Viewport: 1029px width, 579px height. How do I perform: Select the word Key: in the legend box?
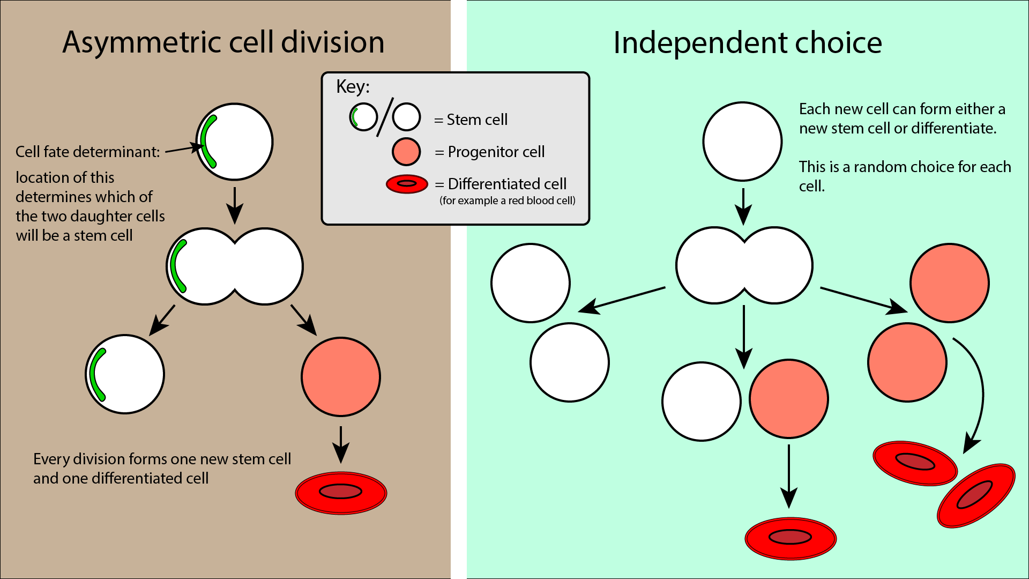[353, 87]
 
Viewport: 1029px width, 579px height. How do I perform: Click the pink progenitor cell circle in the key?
[406, 152]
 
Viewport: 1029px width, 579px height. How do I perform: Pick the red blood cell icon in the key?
[407, 184]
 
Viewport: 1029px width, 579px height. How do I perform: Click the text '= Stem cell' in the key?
[471, 120]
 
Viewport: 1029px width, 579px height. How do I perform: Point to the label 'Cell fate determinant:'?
[87, 152]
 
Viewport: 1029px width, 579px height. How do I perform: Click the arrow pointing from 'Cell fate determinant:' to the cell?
[182, 149]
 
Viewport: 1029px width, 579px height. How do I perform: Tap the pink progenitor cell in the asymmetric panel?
[341, 377]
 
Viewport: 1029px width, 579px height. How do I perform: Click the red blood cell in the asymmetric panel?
[341, 493]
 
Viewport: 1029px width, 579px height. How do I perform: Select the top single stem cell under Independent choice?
[742, 142]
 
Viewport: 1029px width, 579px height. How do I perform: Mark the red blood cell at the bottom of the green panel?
[791, 538]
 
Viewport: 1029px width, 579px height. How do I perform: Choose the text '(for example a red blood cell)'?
[507, 201]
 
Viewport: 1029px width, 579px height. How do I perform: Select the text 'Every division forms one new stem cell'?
[162, 459]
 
